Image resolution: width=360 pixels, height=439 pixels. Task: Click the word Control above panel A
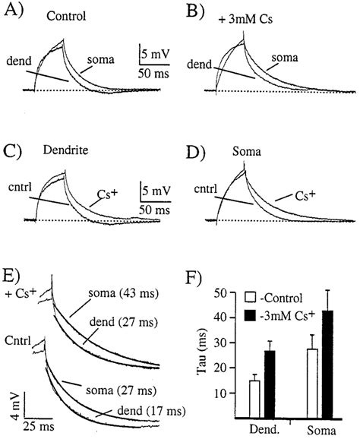pyautogui.click(x=65, y=16)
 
